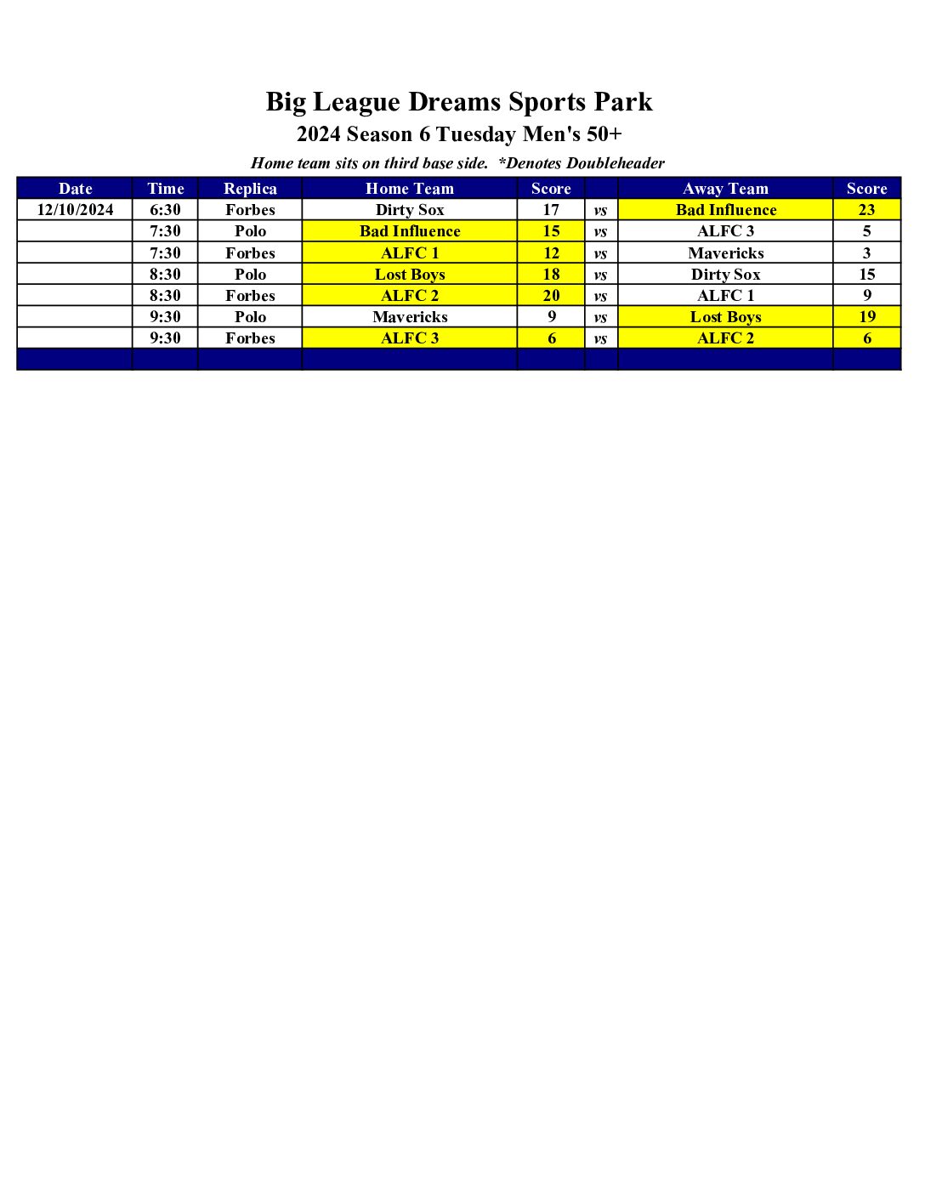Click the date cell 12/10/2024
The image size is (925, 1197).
coord(75,210)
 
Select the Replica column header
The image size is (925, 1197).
coord(250,189)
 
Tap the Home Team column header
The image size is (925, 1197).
coord(410,189)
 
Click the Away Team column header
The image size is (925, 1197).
coord(725,189)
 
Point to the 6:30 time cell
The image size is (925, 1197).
coord(165,210)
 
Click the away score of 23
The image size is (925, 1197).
coord(866,210)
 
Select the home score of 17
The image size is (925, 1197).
coord(551,210)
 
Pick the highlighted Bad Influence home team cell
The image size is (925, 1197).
coord(410,231)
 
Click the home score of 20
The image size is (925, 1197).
coord(551,296)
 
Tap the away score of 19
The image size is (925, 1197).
coord(866,317)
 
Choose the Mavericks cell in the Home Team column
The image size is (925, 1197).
coord(410,317)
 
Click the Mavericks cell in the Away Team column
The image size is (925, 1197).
coord(725,253)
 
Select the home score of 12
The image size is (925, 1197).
coord(551,253)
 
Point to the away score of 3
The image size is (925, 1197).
coord(866,253)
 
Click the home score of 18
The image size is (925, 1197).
coord(551,275)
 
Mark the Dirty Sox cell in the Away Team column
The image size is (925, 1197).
coord(725,275)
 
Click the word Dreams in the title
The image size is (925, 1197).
coord(454,102)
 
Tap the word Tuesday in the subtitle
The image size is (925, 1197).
coord(475,134)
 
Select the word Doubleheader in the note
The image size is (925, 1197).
coord(615,163)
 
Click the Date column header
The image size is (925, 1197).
coord(75,189)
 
